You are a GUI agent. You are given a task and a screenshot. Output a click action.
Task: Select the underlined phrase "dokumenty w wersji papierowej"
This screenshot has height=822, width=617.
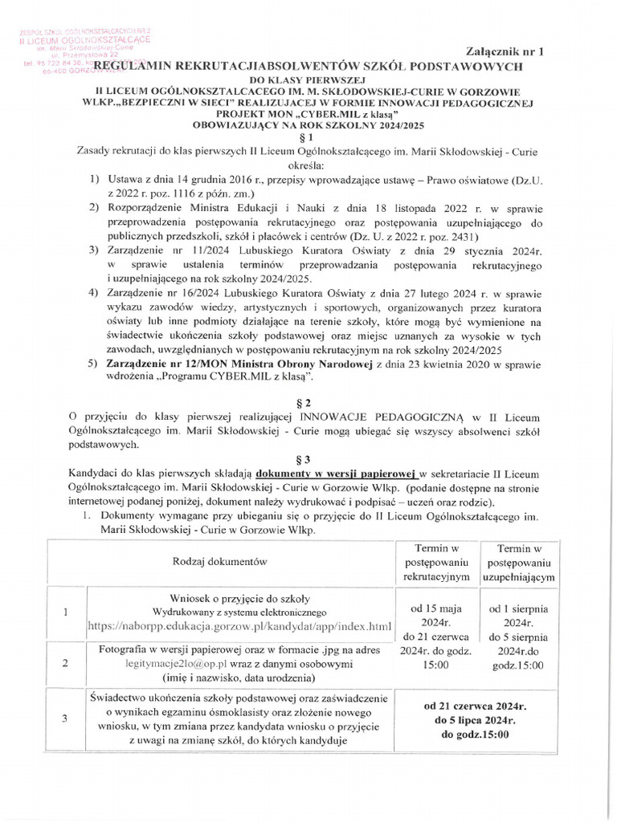(x=347, y=474)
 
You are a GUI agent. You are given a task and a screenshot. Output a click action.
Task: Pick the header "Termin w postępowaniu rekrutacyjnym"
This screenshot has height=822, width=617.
(x=435, y=562)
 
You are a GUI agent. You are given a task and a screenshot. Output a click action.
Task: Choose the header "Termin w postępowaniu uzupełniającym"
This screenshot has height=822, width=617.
(x=518, y=562)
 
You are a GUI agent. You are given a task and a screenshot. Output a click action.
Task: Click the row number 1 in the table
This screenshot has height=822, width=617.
(x=64, y=612)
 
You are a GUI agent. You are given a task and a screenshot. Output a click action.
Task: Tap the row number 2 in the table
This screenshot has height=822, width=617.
(x=64, y=663)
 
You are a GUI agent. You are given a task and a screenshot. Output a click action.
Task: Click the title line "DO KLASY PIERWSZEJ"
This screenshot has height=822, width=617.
(x=308, y=80)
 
